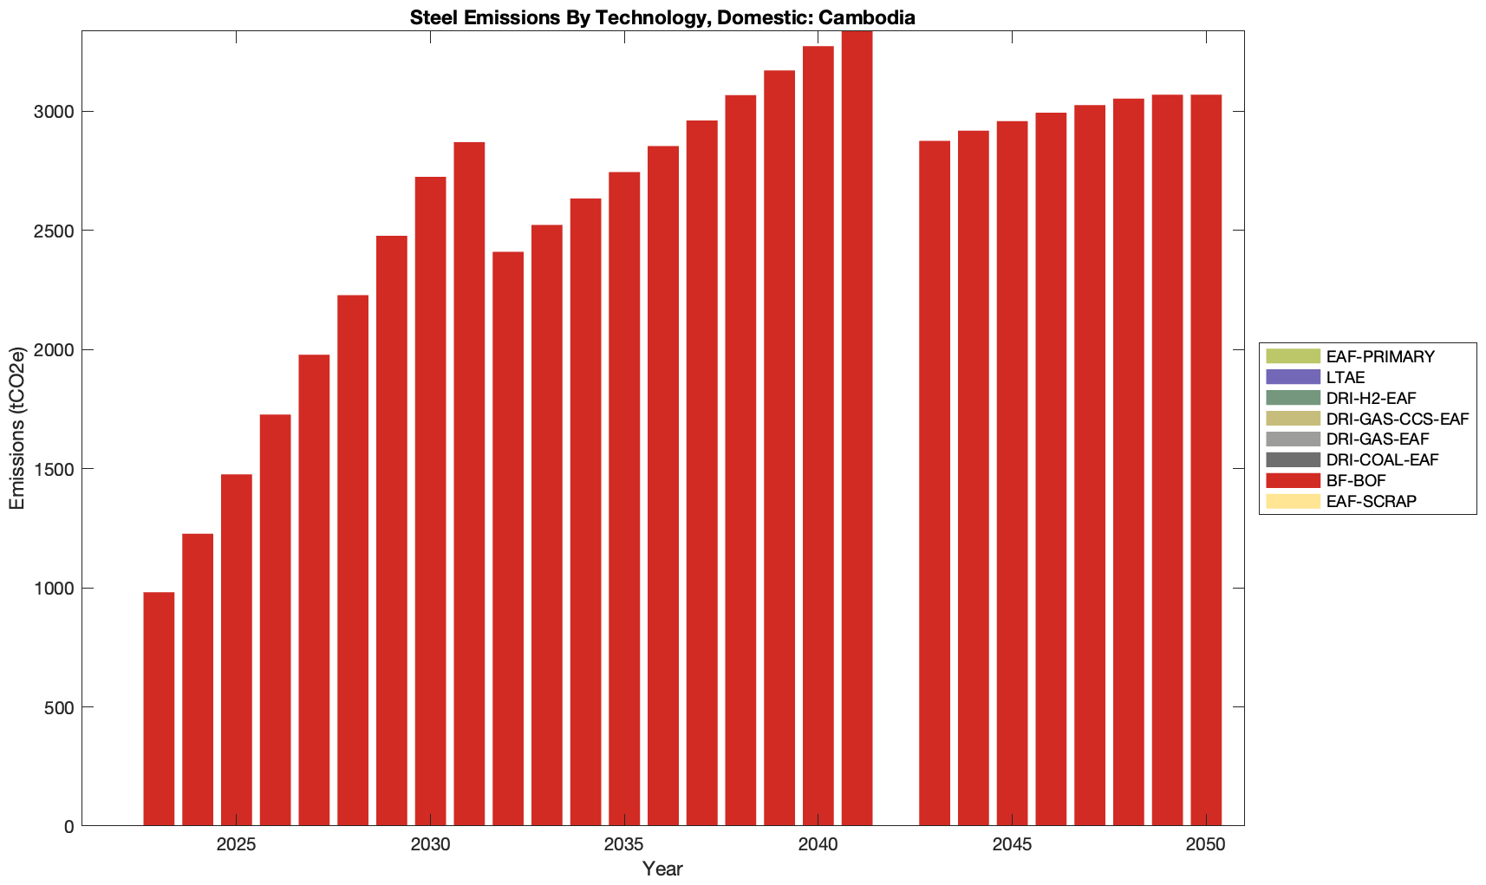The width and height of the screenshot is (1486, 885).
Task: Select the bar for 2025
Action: click(x=237, y=650)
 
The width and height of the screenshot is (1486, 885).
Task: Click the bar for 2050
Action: click(x=1206, y=460)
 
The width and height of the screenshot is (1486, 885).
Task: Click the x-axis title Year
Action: click(x=662, y=869)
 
